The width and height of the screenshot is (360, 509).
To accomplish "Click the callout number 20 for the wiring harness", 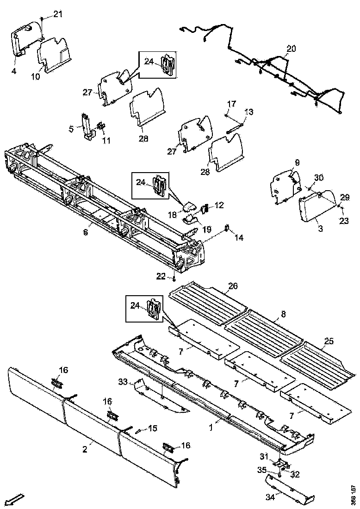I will [x=291, y=49].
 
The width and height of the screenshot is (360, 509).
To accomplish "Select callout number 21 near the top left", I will [x=57, y=14].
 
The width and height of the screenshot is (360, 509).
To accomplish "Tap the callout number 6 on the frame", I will [x=86, y=232].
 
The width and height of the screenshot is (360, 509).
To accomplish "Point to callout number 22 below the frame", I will [x=161, y=276].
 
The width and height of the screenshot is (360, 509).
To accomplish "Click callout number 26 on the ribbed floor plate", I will [x=232, y=286].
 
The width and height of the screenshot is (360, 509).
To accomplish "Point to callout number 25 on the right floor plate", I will [x=329, y=341].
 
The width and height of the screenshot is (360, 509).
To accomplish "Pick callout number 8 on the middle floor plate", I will [x=283, y=314].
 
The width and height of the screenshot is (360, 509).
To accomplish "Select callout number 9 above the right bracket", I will [x=297, y=163].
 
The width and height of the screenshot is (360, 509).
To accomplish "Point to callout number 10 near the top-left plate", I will [x=36, y=76].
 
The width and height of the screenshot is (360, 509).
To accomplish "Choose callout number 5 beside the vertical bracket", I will [x=71, y=129].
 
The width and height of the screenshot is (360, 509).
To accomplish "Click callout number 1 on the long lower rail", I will [x=211, y=428].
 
